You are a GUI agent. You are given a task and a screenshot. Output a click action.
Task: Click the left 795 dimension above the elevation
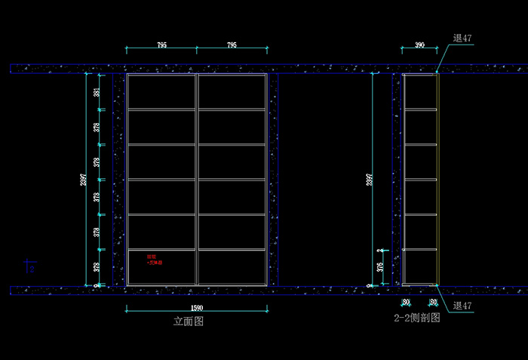[x=161, y=45]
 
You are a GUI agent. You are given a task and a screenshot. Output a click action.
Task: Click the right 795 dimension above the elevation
[x=232, y=45]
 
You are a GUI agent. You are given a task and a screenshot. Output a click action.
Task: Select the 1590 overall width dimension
[x=197, y=308]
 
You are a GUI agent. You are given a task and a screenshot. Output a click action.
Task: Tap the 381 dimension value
[x=97, y=93]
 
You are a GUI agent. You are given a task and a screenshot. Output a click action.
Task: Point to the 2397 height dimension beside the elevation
[x=84, y=180]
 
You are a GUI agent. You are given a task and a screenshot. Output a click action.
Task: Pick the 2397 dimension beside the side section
[x=369, y=180]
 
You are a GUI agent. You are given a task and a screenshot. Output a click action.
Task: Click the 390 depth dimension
[x=420, y=45]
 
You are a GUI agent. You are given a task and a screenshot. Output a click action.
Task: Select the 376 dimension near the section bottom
[x=380, y=266]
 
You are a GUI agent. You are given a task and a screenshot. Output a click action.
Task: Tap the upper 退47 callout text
[x=462, y=38]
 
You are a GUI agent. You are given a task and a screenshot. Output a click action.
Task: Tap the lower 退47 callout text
[x=462, y=306]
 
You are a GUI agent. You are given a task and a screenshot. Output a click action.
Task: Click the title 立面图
[x=189, y=321]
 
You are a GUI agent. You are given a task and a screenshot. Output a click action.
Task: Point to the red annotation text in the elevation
[x=154, y=260]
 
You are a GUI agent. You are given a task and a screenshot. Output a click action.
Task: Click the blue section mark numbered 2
[x=30, y=267]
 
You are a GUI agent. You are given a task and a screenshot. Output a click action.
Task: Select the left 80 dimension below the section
[x=406, y=302]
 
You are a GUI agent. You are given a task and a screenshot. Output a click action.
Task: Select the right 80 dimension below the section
[x=433, y=302]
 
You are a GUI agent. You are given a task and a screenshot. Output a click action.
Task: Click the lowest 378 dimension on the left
[x=97, y=266]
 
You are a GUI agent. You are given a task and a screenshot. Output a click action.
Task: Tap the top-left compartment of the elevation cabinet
[x=161, y=92]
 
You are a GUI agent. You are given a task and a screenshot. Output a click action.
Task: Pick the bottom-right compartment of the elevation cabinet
[x=232, y=266]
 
